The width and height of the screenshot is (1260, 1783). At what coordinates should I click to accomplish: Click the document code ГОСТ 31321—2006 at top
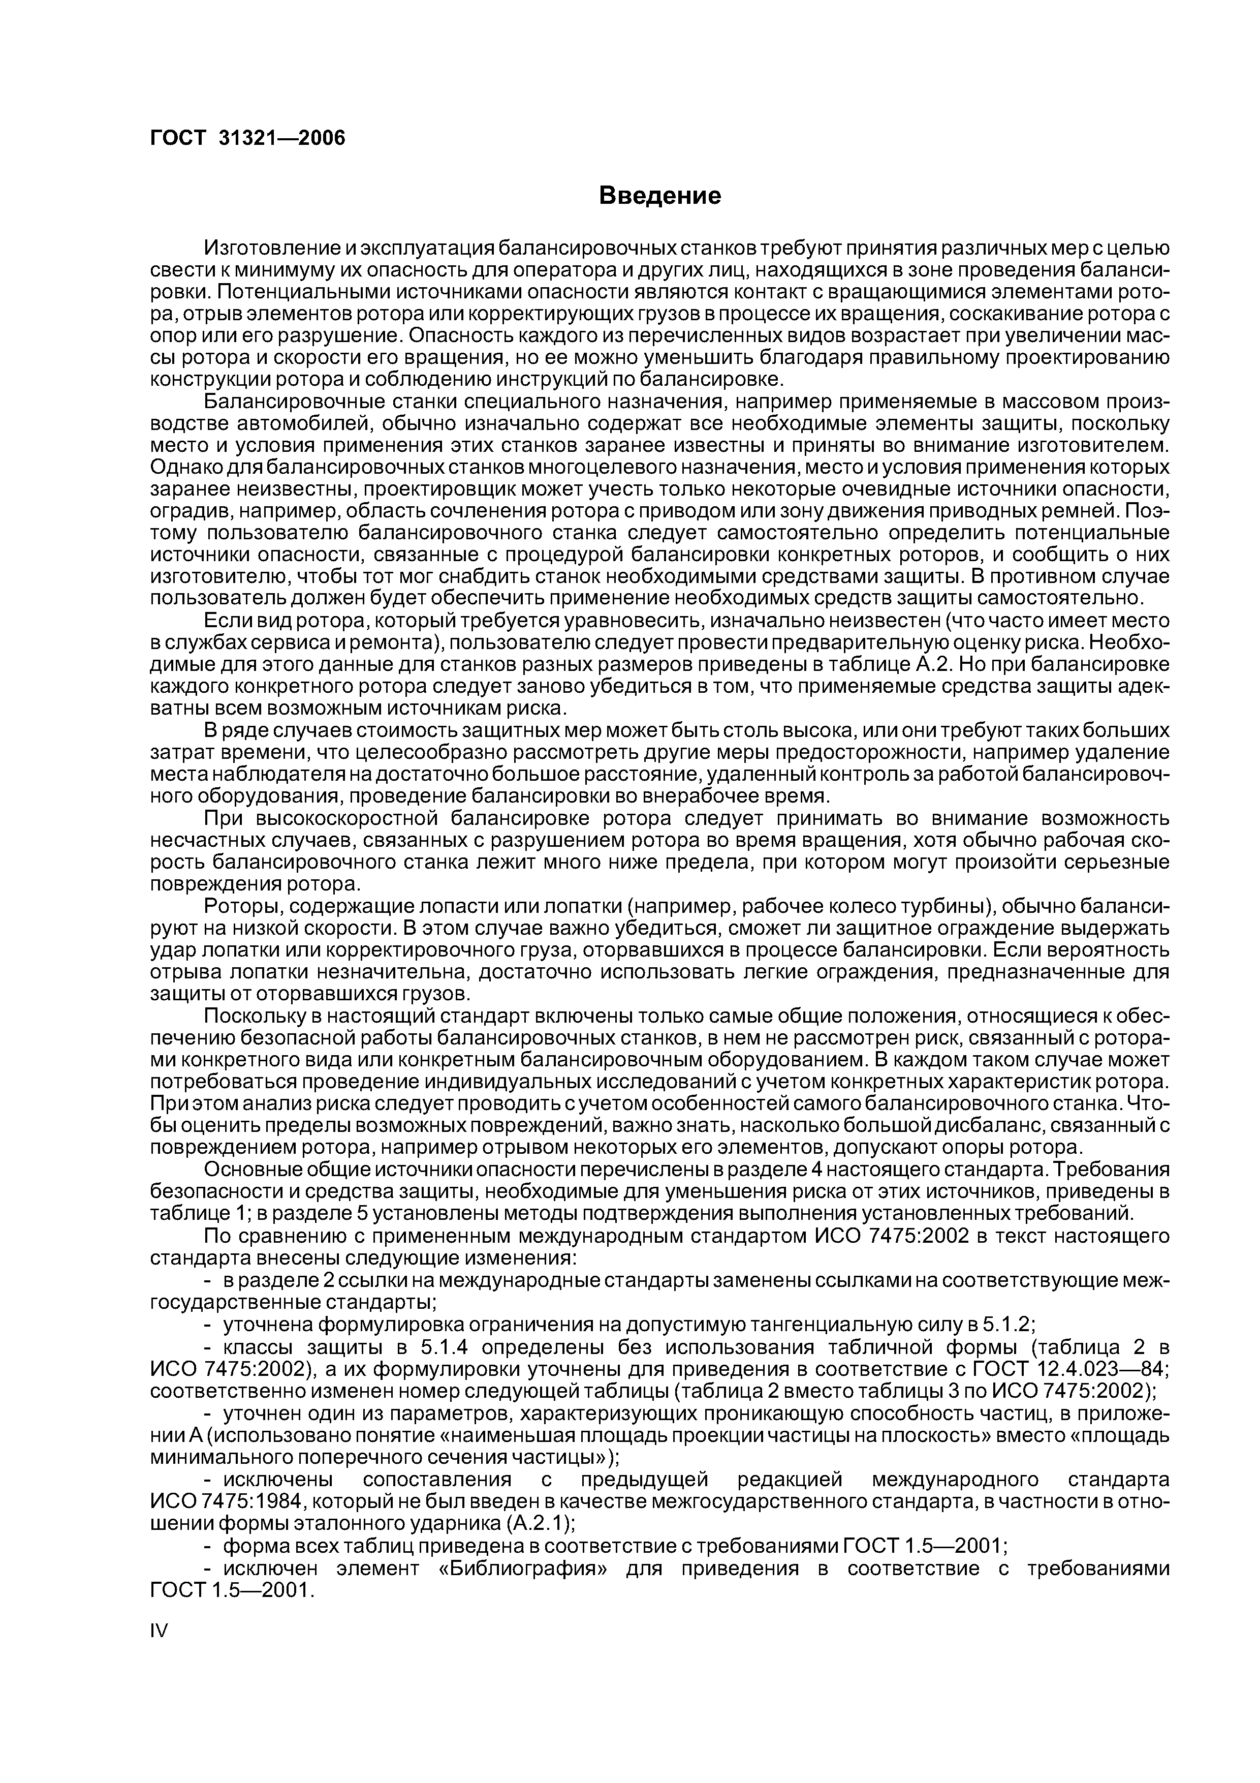(x=247, y=137)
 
